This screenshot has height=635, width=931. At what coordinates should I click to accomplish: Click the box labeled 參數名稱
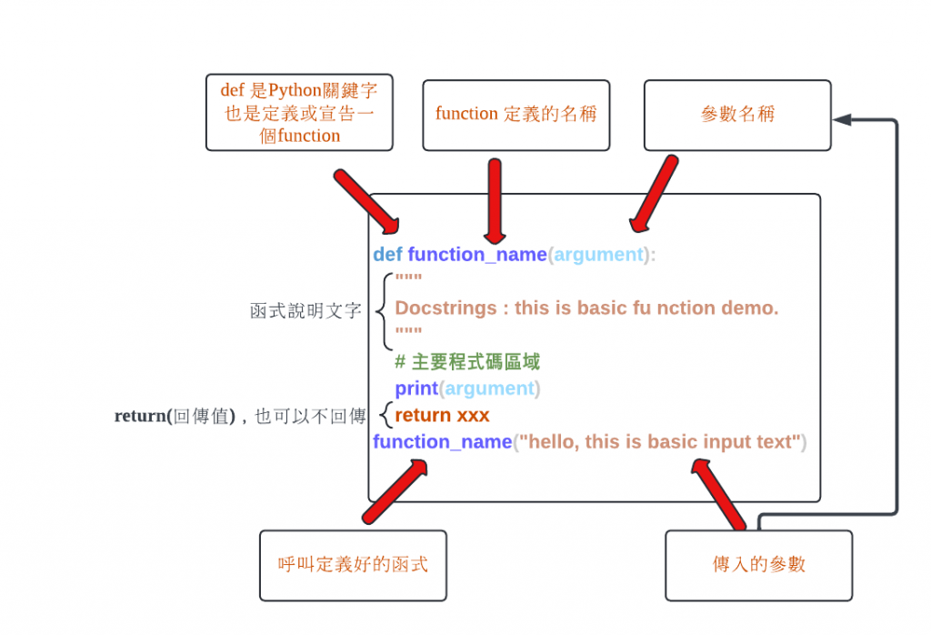click(737, 115)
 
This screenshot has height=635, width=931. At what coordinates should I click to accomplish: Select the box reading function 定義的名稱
click(516, 115)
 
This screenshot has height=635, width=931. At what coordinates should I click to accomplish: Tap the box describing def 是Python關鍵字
click(299, 112)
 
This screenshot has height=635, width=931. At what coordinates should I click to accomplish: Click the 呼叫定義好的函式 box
click(353, 565)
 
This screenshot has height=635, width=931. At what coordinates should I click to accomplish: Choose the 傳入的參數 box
click(759, 565)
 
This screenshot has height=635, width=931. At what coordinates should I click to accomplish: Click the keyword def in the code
click(387, 255)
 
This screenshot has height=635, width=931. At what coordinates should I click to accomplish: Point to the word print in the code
click(416, 388)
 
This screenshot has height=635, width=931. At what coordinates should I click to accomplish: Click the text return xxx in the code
click(442, 416)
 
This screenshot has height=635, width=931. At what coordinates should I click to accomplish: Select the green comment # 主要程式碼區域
click(467, 362)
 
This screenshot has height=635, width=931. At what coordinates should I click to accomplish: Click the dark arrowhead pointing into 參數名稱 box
click(841, 119)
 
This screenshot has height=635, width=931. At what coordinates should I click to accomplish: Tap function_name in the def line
click(477, 255)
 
